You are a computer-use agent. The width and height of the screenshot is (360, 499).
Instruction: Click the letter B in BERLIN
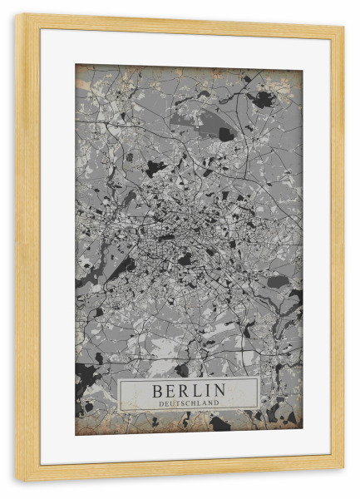157,390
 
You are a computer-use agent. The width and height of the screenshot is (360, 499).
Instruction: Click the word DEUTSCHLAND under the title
189,403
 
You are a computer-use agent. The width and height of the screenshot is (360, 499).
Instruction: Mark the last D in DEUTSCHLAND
218,403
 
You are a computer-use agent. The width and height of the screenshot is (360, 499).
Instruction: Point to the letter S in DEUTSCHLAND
183,403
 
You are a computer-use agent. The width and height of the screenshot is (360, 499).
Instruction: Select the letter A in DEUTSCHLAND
206,403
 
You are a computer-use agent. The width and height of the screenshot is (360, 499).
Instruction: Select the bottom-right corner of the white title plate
259,409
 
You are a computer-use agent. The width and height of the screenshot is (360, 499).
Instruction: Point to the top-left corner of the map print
76,65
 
